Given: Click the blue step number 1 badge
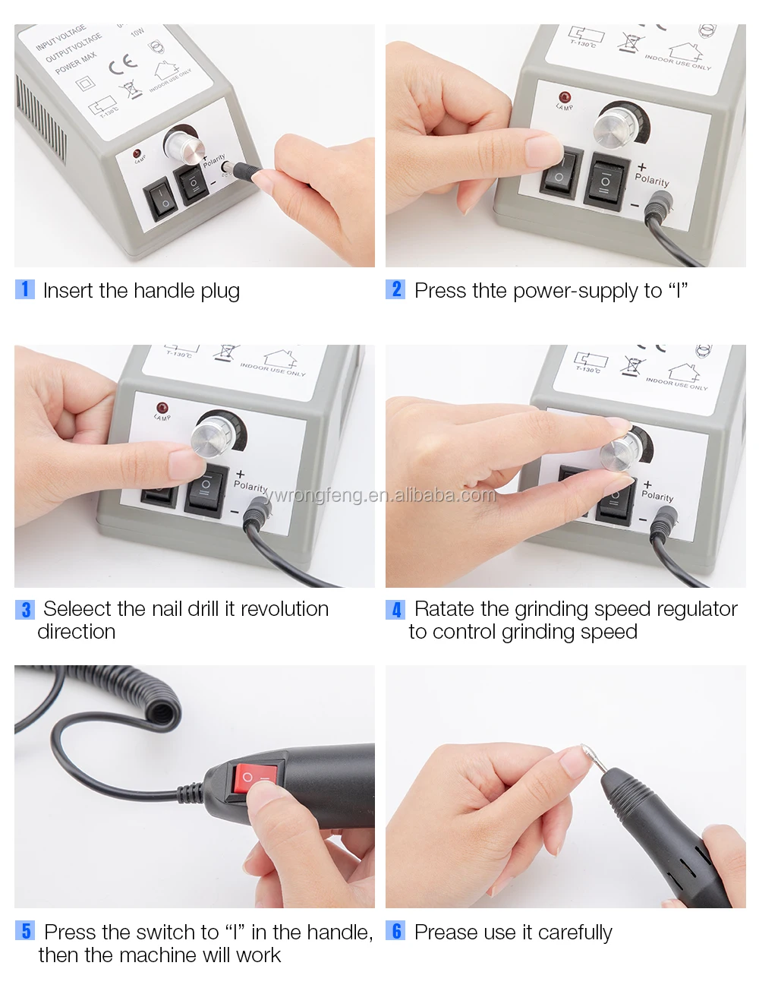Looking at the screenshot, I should (25, 289).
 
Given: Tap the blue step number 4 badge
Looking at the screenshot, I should (396, 610).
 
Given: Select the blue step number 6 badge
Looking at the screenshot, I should (396, 932).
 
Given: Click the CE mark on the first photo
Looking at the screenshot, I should (123, 65).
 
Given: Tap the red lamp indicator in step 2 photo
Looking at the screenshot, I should (564, 97).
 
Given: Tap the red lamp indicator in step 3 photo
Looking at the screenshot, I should (162, 408).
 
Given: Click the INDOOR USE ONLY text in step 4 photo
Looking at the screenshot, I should (676, 383).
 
